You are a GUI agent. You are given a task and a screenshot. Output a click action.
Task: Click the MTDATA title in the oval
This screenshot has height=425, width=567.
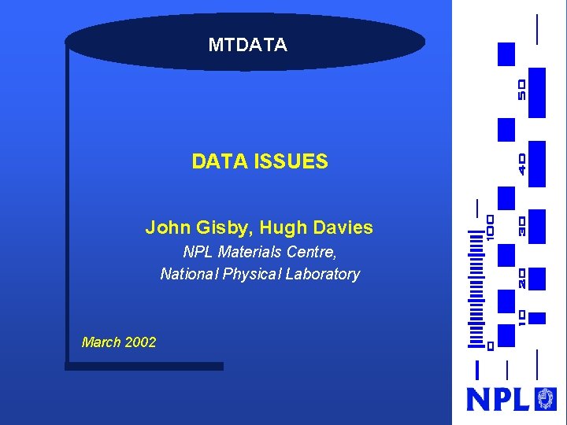247,46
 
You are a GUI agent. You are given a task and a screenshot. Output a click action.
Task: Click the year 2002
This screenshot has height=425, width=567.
141,342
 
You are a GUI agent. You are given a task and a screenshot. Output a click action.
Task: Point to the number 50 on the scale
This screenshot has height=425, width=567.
522,89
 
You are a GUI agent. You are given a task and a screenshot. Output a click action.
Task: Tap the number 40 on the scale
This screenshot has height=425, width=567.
522,164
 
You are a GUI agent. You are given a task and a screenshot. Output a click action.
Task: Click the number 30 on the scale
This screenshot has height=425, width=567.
522,227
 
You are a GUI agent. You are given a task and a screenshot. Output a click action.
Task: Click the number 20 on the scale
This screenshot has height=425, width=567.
522,278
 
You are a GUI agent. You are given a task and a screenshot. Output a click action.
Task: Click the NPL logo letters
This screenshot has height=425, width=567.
498,399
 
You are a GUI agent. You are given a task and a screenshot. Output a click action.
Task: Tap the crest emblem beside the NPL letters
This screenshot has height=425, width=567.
545,398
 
